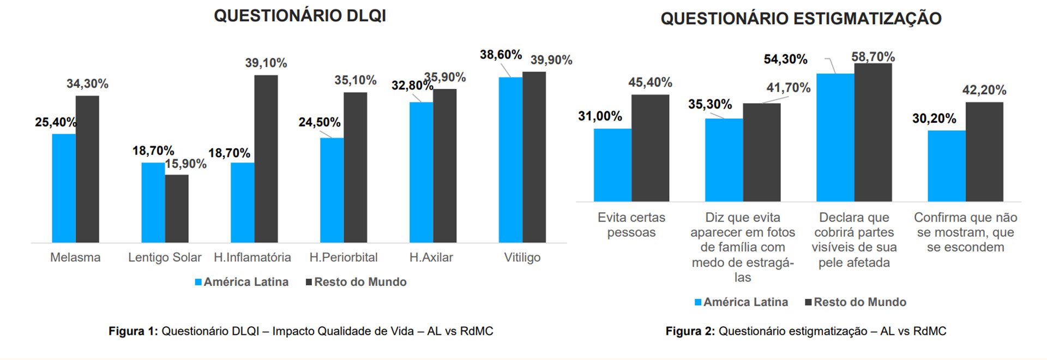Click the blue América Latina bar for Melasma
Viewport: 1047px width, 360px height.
click(64, 188)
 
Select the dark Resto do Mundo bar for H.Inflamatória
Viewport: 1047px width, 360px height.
click(266, 159)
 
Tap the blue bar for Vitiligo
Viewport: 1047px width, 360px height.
click(510, 160)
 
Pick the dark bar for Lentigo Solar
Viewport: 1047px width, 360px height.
click(177, 208)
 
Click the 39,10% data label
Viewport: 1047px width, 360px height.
click(266, 63)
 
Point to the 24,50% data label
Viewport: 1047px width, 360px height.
click(320, 122)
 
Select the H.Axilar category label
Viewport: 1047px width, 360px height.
click(431, 257)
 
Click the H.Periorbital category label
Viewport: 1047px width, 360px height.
click(344, 257)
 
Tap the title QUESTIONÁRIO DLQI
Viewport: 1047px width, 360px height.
click(300, 16)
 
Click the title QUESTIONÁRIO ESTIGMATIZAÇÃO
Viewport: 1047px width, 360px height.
click(801, 19)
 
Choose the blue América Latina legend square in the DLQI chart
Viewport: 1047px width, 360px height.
click(199, 283)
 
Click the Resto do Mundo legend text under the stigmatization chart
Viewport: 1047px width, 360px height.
click(860, 302)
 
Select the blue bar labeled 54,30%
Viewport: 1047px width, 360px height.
click(835, 137)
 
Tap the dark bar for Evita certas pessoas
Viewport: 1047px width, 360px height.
click(650, 148)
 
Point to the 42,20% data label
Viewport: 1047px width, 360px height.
click(984, 90)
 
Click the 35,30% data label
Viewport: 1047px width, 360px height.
click(710, 104)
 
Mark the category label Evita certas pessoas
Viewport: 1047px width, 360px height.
click(631, 225)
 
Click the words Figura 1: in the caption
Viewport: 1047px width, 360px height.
click(133, 331)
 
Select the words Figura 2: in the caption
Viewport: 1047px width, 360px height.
click(690, 331)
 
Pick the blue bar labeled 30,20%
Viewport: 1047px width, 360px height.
click(946, 166)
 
